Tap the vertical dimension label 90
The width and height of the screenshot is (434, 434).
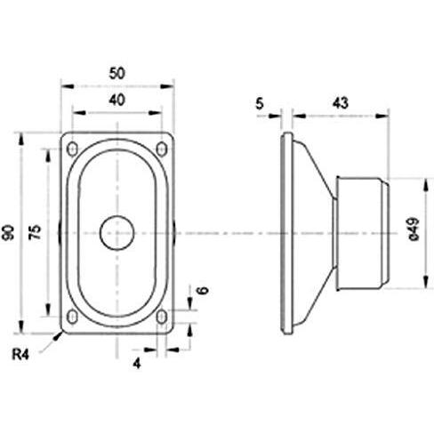tap(8, 234)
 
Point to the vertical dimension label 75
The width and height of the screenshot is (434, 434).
tap(36, 234)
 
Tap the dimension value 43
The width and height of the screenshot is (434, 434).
tap(339, 103)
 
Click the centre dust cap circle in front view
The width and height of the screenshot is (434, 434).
tap(117, 233)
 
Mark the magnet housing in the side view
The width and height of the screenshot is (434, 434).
tap(360, 234)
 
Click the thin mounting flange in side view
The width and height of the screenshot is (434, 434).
tap(284, 234)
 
